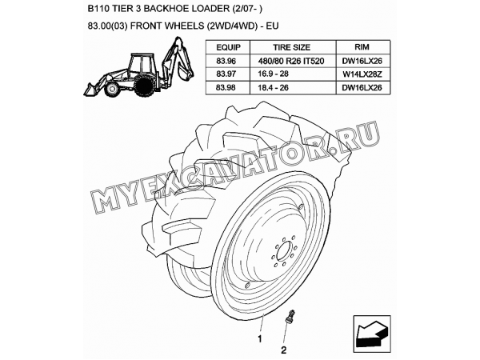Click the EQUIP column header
point(228,47)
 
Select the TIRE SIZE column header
point(291,47)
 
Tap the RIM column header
point(362,47)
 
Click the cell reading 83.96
point(226,62)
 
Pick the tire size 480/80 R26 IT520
point(291,62)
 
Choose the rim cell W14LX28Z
point(362,74)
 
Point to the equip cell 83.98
point(226,88)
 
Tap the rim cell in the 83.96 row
point(362,62)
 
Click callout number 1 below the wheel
point(260,339)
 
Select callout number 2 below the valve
point(284,350)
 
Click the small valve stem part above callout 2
point(290,316)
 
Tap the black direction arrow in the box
point(371,334)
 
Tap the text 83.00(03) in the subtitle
point(108,26)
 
